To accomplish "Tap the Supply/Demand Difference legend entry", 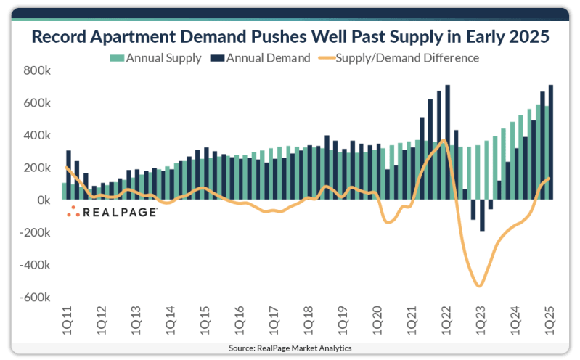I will [x=407, y=58].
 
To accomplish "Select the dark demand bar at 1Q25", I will [x=551, y=142].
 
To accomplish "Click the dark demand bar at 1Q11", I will [x=68, y=175].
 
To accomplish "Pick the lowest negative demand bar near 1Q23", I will [x=482, y=216].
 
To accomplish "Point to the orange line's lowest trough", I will [x=479, y=285].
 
